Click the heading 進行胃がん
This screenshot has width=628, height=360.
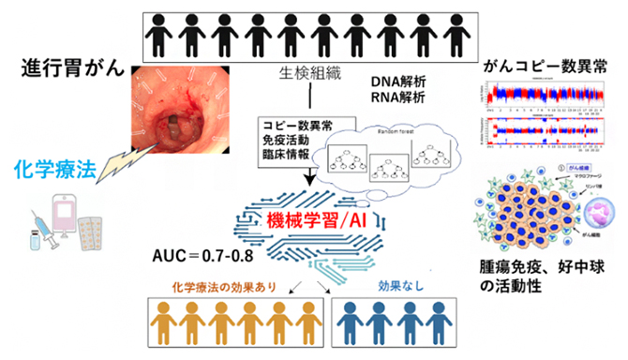tap(67, 68)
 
